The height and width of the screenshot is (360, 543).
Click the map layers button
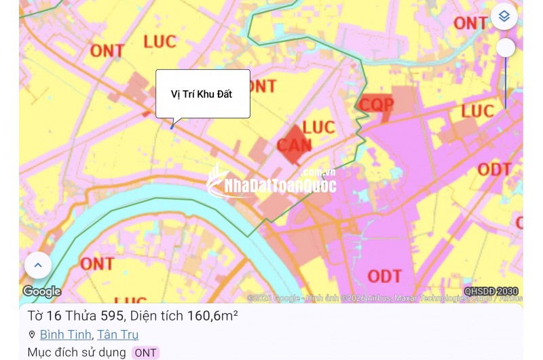[504, 16]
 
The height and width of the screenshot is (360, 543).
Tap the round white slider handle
[506, 48]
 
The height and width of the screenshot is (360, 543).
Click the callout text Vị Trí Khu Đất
[202, 94]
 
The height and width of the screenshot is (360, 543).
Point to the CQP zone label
[377, 105]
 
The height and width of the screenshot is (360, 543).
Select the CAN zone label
[294, 144]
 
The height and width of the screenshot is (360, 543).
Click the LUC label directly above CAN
[319, 127]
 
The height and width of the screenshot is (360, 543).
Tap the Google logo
[42, 291]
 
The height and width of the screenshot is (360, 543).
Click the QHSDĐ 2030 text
[491, 291]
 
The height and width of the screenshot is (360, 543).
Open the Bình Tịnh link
[65, 334]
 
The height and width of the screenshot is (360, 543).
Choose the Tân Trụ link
[117, 334]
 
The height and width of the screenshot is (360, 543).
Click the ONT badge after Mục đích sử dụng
[145, 353]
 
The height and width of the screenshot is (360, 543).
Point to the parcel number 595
[112, 316]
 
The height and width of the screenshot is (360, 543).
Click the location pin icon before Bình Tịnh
[32, 334]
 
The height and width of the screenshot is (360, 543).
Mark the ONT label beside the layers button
[470, 23]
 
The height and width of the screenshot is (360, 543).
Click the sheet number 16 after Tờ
[54, 316]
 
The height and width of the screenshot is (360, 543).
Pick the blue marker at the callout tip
[172, 126]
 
